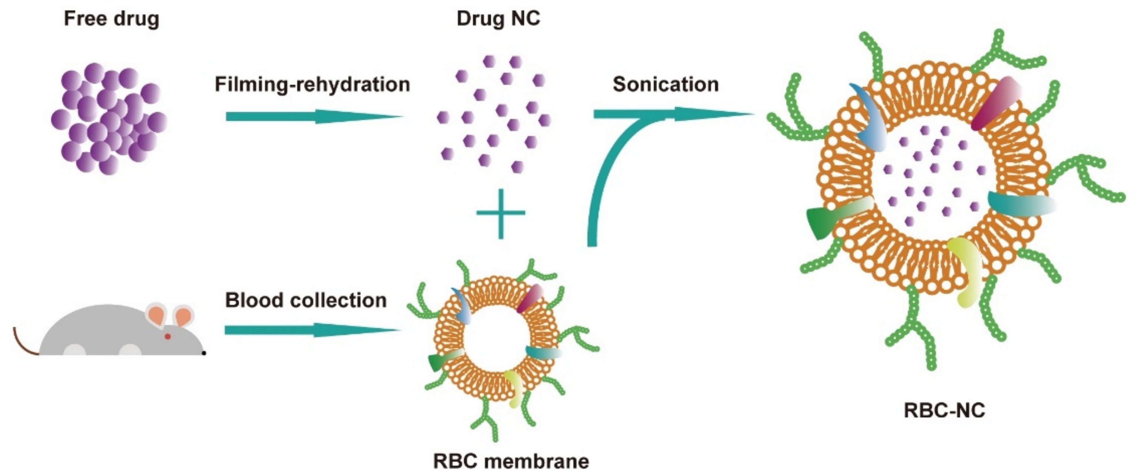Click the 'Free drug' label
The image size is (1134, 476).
coord(112,19)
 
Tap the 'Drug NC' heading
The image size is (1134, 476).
coord(498,19)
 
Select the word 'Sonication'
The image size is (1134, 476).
coord(666,84)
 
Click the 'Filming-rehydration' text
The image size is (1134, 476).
coord(312,84)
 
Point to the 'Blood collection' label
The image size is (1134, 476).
coord(306,300)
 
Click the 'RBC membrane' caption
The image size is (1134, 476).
coord(511,461)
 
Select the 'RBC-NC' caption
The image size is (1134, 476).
coord(944,410)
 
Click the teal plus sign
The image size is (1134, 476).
coord(501,214)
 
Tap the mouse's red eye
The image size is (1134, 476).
coord(168,336)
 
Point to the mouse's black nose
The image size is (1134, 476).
coord(204,353)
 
